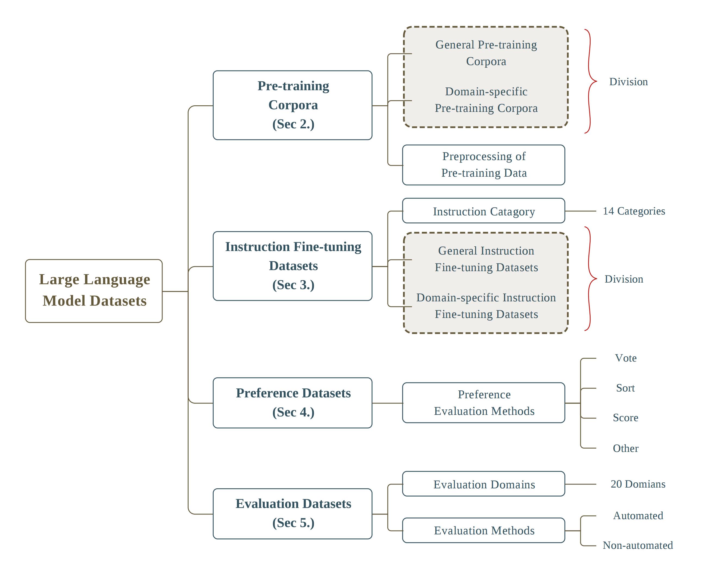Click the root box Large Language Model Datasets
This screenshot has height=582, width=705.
coord(94,291)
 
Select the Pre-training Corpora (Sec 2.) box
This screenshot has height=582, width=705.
coord(292,105)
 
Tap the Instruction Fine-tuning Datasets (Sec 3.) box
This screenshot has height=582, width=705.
coord(292,266)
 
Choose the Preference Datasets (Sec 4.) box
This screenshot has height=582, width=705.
coord(292,403)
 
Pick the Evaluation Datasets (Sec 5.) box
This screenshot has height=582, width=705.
coord(292,514)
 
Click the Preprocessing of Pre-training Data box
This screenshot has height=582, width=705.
coord(483,165)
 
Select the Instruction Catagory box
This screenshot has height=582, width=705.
coord(483,210)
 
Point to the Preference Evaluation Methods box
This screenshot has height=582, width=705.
coord(483,402)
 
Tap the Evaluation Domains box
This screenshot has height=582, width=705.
coord(483,483)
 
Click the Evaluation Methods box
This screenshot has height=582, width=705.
coord(483,530)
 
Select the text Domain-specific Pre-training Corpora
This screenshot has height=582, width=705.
coord(486,100)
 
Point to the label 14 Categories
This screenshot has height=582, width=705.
coord(634,211)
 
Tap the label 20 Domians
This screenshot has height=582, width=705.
coord(638,484)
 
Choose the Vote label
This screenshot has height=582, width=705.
coord(625,358)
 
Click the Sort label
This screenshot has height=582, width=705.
coord(625,388)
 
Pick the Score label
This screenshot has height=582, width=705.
coord(625,417)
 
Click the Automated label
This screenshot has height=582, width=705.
coord(638,515)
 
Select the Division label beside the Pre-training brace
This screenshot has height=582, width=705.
coord(628,81)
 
